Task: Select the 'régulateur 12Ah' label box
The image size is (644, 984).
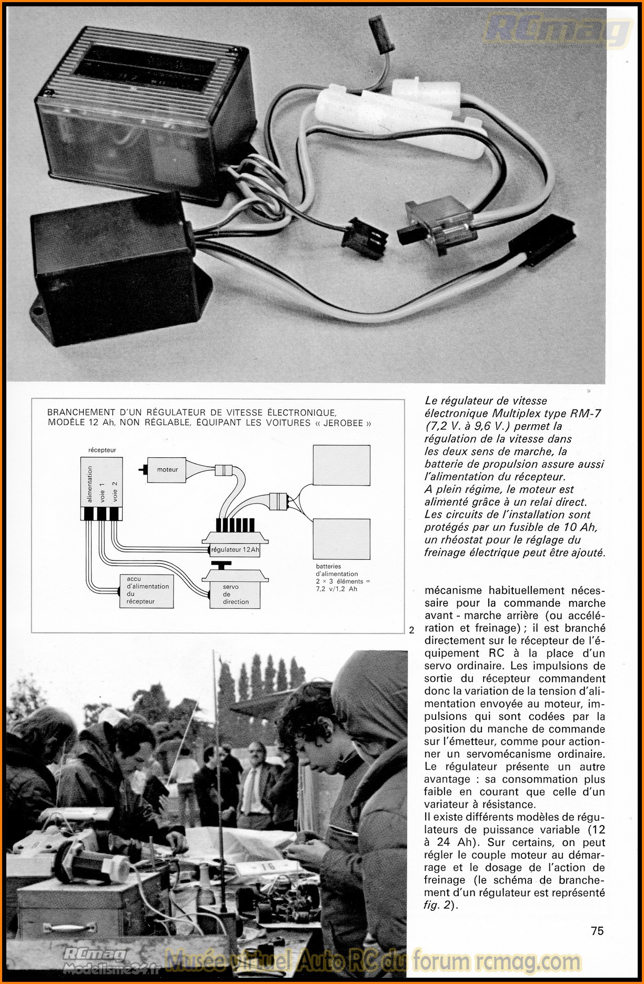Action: (x=235, y=550)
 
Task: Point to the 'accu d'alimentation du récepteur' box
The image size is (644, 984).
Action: (x=147, y=590)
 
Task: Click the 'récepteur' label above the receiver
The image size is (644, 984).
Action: (x=102, y=450)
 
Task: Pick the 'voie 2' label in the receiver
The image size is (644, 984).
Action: (x=115, y=491)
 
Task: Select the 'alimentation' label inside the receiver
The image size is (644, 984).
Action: (x=89, y=484)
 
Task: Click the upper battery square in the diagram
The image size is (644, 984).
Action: (x=341, y=465)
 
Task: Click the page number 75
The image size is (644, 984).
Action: (x=597, y=931)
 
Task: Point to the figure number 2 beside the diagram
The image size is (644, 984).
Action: (x=411, y=630)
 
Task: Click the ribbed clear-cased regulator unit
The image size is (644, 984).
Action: (x=142, y=111)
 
